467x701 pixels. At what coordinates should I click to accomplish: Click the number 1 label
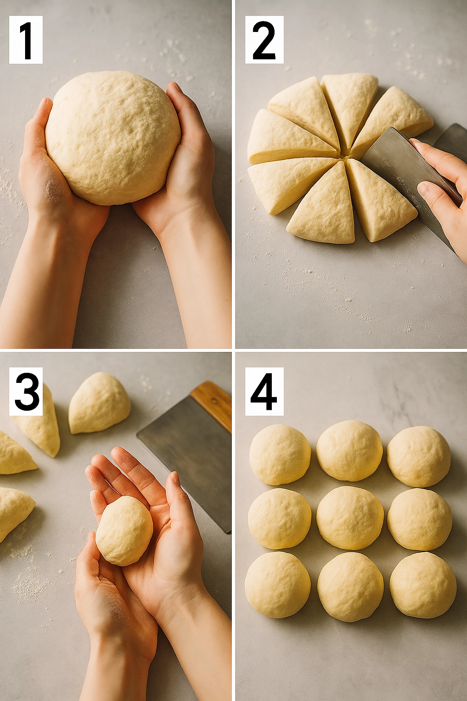(26, 40)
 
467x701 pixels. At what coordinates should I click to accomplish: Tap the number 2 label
(264, 40)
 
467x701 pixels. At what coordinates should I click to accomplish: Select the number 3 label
(26, 391)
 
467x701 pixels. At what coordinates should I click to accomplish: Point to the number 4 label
(264, 391)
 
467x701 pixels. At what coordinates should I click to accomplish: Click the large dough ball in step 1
(113, 137)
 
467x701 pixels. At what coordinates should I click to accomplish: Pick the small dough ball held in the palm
(124, 531)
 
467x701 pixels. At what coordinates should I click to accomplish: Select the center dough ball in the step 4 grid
(350, 518)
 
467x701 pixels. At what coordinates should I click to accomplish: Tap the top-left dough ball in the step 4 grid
(280, 454)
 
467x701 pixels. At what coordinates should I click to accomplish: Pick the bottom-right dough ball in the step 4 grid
(423, 585)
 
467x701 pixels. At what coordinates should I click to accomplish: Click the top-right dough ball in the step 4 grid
(419, 456)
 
